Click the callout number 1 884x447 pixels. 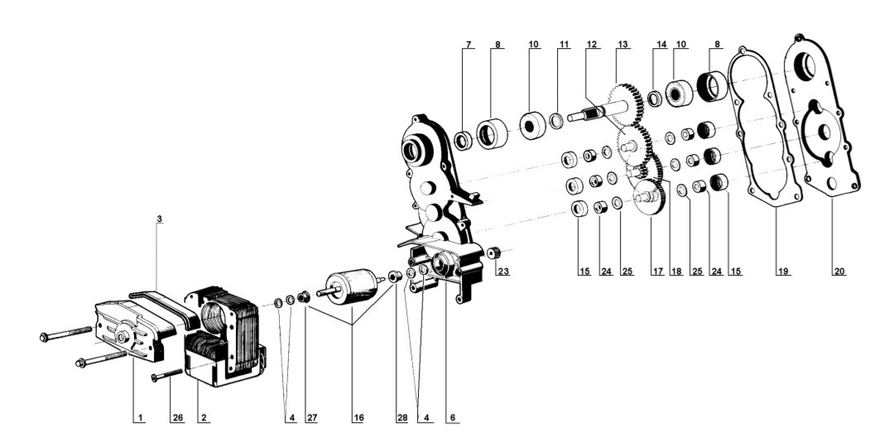[141, 419]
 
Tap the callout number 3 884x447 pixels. [159, 220]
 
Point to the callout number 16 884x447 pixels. [358, 419]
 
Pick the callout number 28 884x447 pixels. [401, 419]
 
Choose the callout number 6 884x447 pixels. [451, 419]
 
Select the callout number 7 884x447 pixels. [468, 43]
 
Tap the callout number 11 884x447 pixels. [563, 43]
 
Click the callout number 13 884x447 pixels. [622, 43]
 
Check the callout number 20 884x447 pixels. [839, 270]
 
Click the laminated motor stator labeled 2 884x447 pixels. [228, 331]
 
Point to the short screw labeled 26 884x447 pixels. [167, 377]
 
